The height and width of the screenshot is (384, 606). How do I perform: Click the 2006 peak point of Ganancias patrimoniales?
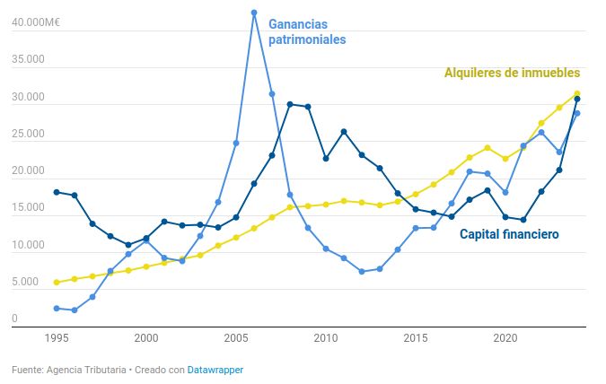[x=254, y=13]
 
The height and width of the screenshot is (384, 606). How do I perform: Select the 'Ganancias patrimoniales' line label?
[x=307, y=31]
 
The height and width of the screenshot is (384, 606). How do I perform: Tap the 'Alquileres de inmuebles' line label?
[x=512, y=73]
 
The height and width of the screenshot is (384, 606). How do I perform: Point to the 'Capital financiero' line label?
[x=509, y=235]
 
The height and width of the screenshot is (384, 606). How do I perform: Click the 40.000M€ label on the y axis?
[x=35, y=23]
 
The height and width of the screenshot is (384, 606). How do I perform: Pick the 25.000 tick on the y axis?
[x=27, y=135]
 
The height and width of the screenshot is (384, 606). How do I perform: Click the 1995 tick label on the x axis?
[x=57, y=338]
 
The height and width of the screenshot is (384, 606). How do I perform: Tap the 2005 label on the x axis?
[x=236, y=338]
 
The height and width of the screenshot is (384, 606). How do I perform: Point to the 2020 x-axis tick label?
[x=505, y=338]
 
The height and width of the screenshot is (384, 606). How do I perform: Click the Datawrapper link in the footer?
[x=215, y=370]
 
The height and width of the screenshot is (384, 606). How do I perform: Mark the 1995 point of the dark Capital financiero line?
[x=57, y=192]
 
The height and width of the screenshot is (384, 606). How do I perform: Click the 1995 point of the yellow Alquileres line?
[x=57, y=283]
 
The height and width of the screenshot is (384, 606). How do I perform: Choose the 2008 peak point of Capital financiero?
[x=290, y=104]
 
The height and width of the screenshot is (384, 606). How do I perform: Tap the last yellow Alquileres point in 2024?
[x=577, y=93]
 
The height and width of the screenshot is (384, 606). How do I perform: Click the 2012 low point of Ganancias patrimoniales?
[x=362, y=271]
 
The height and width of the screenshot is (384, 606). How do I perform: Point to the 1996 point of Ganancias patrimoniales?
[x=75, y=310]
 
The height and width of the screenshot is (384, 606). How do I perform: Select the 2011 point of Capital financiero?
[x=344, y=132]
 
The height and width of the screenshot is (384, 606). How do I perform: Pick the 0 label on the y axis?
[x=14, y=319]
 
